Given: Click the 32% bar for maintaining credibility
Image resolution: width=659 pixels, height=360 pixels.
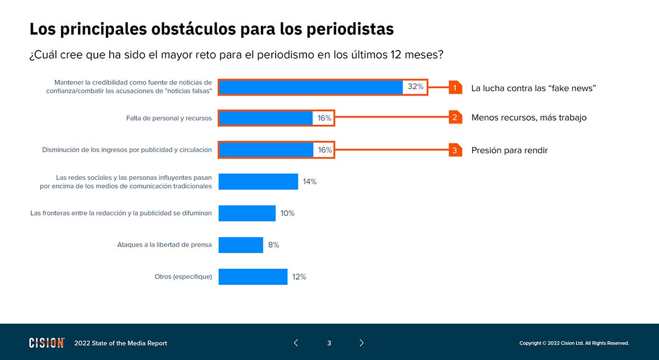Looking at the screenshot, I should tap(311, 87).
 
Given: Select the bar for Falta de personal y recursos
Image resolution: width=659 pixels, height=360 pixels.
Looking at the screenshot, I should tap(266, 118).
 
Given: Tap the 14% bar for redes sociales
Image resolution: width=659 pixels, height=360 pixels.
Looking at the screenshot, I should tap(258, 182).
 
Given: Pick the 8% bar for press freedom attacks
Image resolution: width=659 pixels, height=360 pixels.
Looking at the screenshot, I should tap(241, 245).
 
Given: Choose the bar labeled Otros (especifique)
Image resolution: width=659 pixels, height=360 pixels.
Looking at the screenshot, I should tap(253, 277).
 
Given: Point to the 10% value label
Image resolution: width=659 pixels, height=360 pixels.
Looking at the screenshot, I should tap(288, 213).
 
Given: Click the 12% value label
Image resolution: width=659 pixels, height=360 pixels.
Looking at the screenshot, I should tap(299, 277).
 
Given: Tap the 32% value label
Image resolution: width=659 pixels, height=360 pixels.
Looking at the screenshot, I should tap(416, 87).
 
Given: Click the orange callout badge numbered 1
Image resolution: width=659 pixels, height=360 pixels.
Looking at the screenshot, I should tap(455, 88).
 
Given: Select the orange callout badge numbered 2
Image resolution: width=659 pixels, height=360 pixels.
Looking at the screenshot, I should tap(455, 117).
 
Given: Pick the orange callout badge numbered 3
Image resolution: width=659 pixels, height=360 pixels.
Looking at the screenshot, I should tap(455, 150).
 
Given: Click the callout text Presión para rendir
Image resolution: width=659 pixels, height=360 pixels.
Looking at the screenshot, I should tap(509, 150).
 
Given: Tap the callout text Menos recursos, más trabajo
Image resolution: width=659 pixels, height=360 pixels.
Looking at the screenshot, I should tap(529, 117).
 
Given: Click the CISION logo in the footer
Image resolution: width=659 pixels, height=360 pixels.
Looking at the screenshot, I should tap(47, 343).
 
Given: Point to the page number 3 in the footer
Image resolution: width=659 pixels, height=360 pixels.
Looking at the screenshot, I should tap(329, 343).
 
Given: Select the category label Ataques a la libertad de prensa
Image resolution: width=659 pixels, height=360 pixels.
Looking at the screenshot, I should tap(164, 245).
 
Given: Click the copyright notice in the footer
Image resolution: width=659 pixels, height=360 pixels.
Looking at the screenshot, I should tap(574, 344).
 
